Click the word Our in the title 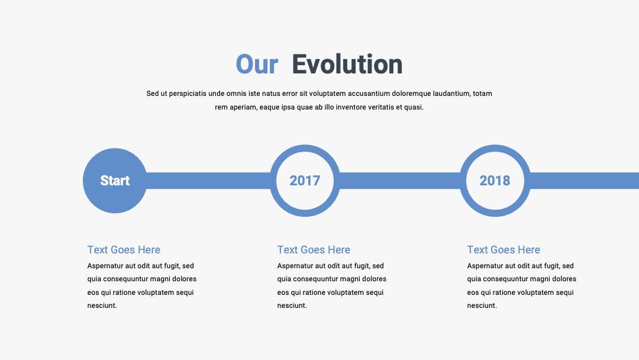[257, 65]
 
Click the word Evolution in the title [347, 65]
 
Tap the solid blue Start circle [115, 181]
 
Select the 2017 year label [305, 181]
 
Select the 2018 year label [495, 181]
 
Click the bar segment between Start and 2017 [208, 181]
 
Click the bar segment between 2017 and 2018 [400, 181]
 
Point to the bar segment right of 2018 [585, 181]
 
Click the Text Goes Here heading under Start [124, 249]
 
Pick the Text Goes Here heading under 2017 [314, 249]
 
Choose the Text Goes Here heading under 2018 [504, 249]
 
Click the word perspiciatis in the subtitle [188, 94]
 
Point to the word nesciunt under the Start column [102, 306]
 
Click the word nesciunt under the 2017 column [292, 306]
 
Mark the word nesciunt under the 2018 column [482, 306]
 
